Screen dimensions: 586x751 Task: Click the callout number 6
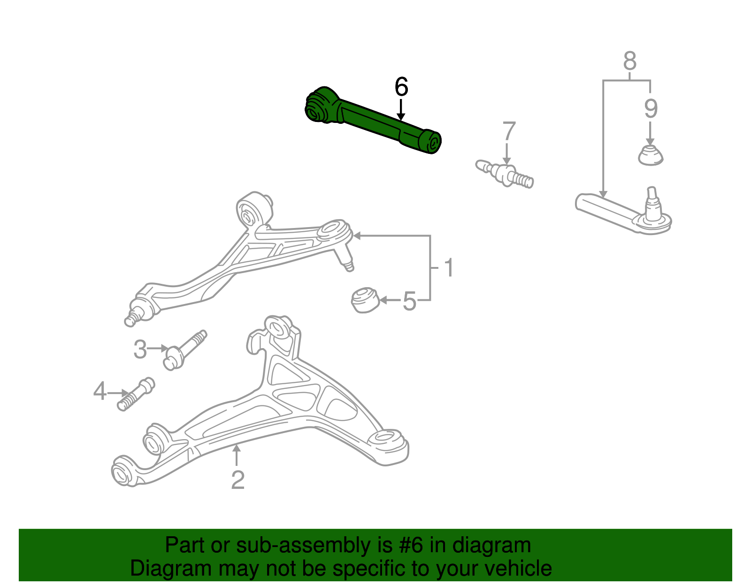click(401, 87)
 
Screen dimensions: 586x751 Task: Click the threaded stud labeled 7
click(505, 174)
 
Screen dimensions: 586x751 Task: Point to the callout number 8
click(630, 61)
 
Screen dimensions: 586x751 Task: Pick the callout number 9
click(651, 109)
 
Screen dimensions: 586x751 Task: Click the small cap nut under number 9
click(651, 155)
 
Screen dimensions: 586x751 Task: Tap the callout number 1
click(449, 268)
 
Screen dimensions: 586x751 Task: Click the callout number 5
click(409, 301)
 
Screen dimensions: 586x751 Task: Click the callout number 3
click(140, 350)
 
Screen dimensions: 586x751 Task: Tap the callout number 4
click(100, 391)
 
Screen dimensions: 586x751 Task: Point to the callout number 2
click(238, 480)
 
